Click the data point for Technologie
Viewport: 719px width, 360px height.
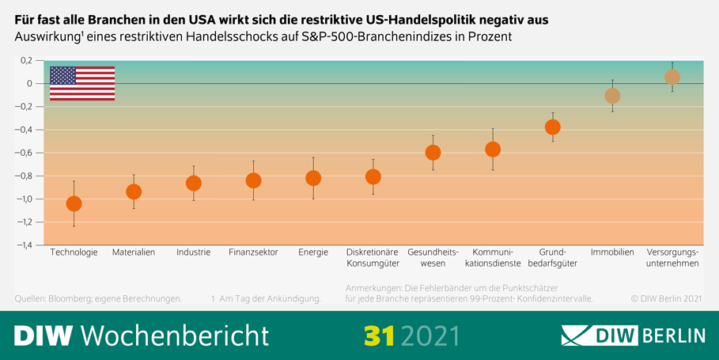tap(74, 203)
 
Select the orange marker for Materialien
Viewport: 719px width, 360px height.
tap(134, 191)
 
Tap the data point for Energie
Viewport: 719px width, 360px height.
tap(313, 178)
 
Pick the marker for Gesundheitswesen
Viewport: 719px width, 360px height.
tap(433, 152)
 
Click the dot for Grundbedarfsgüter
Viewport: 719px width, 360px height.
tap(553, 127)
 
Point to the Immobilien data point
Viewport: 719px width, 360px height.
tap(612, 96)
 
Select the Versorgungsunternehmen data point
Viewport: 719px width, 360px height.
tap(672, 77)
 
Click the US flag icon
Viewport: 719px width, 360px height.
tap(82, 83)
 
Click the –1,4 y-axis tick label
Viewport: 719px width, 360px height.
tap(24, 245)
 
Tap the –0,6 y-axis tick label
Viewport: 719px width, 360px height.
tap(24, 153)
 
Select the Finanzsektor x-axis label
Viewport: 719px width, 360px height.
tap(253, 252)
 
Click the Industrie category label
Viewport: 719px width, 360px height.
tap(193, 252)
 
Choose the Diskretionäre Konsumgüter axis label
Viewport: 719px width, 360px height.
tap(373, 258)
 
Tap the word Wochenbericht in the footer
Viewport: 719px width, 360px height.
tap(175, 335)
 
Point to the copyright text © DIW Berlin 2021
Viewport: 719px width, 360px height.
tap(667, 299)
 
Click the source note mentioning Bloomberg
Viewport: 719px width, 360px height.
tap(98, 299)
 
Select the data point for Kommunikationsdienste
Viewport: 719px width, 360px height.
tap(493, 149)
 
